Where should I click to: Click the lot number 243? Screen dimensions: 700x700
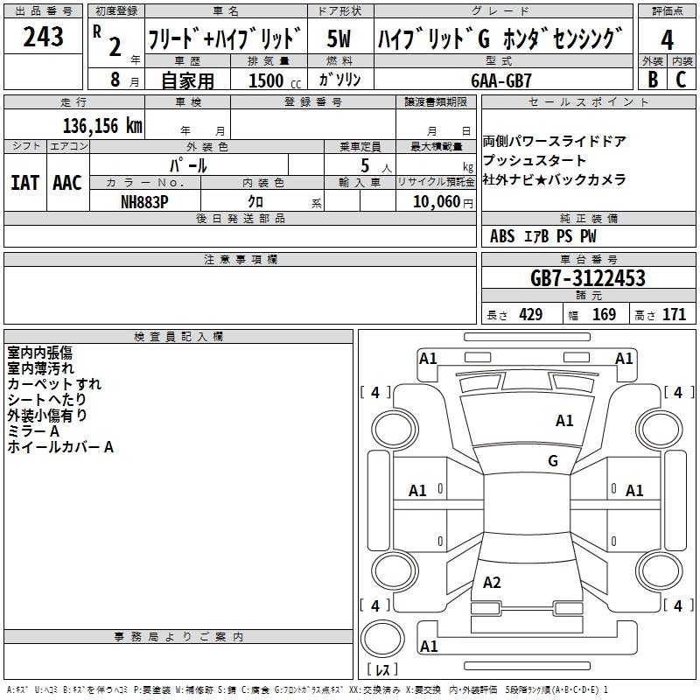[x=43, y=38]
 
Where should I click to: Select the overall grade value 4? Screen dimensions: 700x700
[x=667, y=39]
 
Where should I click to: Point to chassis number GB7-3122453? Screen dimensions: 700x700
[x=588, y=278]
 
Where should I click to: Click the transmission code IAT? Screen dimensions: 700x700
[x=24, y=182]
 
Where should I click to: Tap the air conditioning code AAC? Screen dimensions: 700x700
[x=66, y=182]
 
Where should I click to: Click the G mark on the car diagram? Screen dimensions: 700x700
[x=553, y=461]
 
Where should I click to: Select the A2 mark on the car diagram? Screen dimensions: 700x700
[x=492, y=583]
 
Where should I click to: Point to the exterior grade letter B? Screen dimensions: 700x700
[x=652, y=80]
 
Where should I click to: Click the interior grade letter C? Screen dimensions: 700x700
[x=681, y=80]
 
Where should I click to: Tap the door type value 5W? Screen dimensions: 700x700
[x=339, y=38]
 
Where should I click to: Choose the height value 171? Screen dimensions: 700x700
[x=674, y=315]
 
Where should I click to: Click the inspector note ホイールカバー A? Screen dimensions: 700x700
[x=60, y=447]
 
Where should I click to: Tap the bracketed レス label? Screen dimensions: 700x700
[x=382, y=671]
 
